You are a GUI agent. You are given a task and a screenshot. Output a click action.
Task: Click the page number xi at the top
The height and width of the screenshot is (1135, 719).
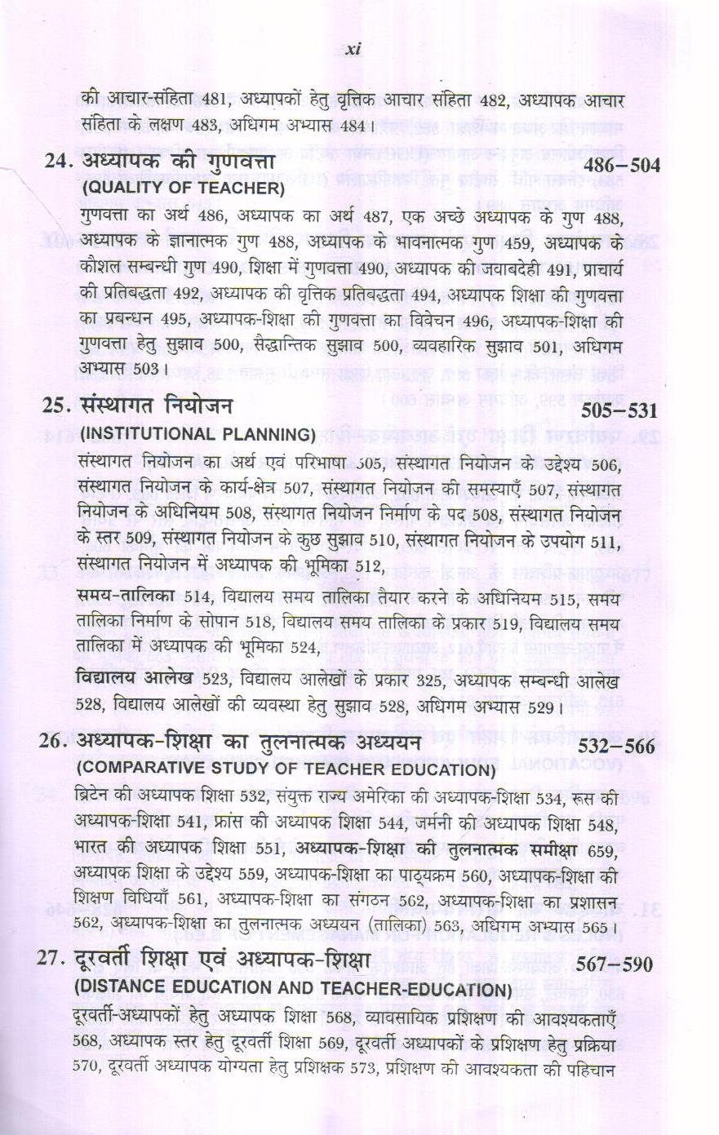(x=353, y=50)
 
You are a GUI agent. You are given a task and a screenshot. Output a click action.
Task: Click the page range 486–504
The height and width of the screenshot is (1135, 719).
(x=621, y=166)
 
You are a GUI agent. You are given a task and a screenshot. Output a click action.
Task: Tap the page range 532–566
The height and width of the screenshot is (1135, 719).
(x=616, y=747)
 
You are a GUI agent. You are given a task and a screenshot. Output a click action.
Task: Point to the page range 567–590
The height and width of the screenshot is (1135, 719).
(x=615, y=964)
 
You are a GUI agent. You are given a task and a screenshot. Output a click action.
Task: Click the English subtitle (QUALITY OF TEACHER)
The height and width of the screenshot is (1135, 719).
(x=182, y=189)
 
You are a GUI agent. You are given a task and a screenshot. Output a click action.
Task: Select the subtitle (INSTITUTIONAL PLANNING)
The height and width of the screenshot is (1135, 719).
(x=197, y=433)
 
